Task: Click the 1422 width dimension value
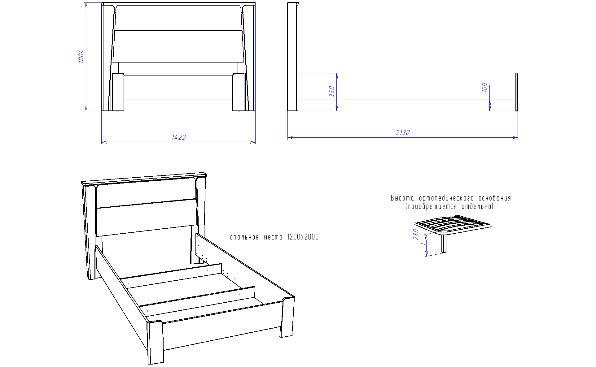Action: tap(179, 137)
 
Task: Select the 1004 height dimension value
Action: tap(81, 56)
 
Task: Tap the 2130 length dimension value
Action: tap(403, 132)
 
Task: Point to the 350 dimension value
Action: tap(332, 92)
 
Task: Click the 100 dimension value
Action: tap(485, 88)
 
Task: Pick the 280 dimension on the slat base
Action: tap(416, 235)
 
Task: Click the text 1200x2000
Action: tap(303, 237)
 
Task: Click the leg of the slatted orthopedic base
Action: tap(444, 244)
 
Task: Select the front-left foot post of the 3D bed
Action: tap(155, 342)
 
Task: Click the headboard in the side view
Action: tap(293, 57)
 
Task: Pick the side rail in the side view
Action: tap(407, 86)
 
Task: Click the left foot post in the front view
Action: tap(118, 92)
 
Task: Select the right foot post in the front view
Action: tap(239, 92)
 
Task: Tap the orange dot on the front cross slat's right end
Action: tap(239, 294)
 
